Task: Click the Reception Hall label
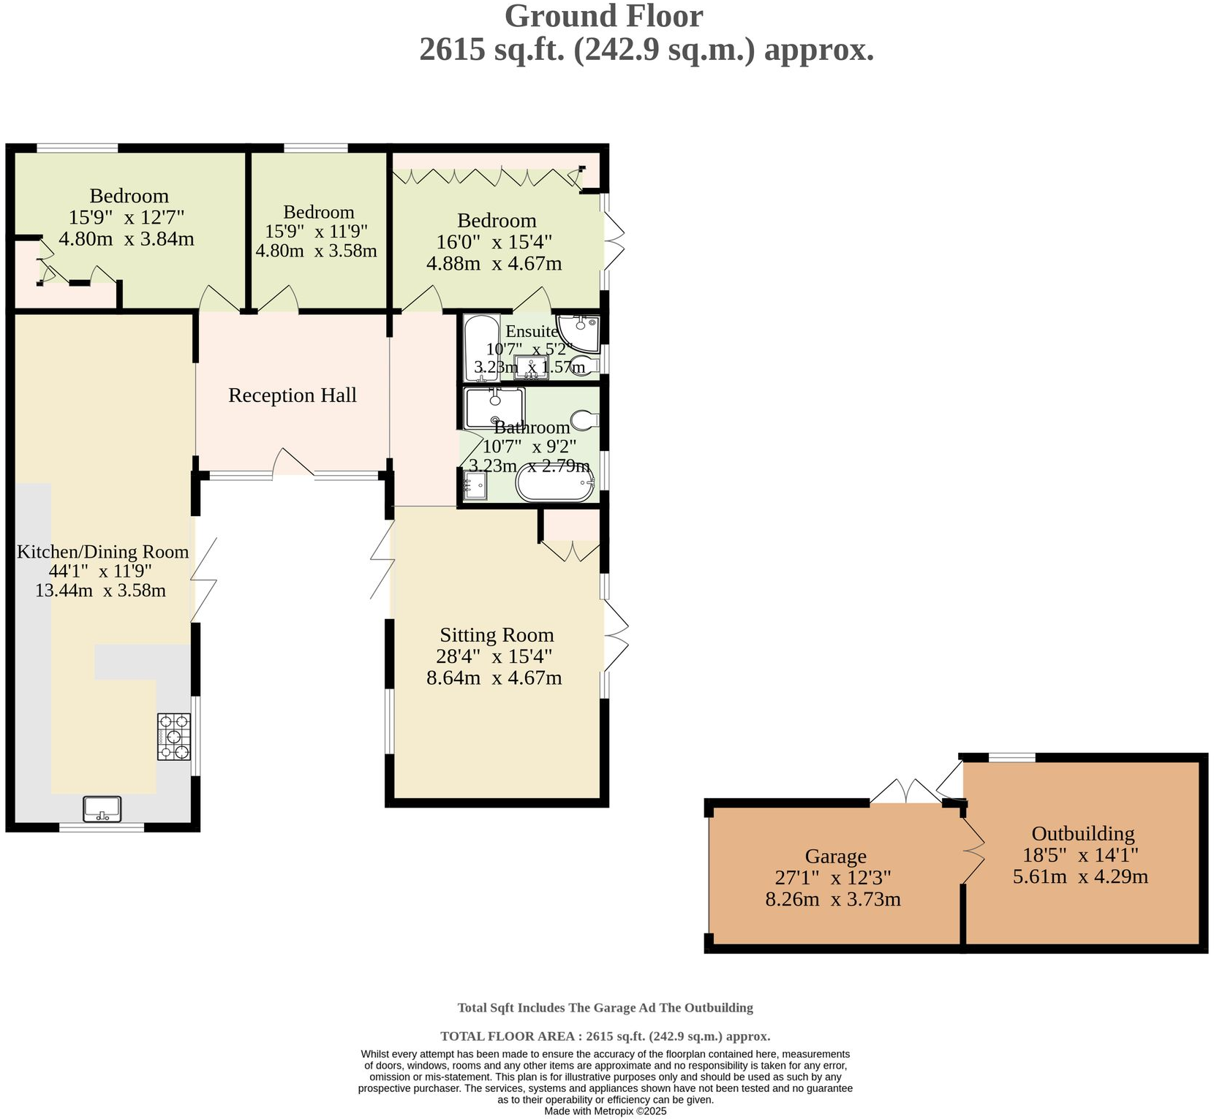coord(292,395)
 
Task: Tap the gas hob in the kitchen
coord(173,737)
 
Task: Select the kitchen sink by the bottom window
coord(102,809)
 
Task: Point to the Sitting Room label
coord(497,635)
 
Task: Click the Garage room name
coord(835,857)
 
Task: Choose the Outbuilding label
coord(1082,834)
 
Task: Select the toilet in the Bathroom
coord(585,420)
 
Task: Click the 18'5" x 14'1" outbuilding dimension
coord(1080,855)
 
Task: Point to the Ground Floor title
coord(603,16)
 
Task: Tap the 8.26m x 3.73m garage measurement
coord(832,899)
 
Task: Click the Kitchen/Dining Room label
coord(102,552)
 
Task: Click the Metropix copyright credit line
coord(605,1111)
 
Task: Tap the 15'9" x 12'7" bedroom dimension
coord(127,217)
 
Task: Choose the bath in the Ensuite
coord(480,348)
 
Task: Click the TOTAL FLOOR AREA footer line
coord(605,1036)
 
